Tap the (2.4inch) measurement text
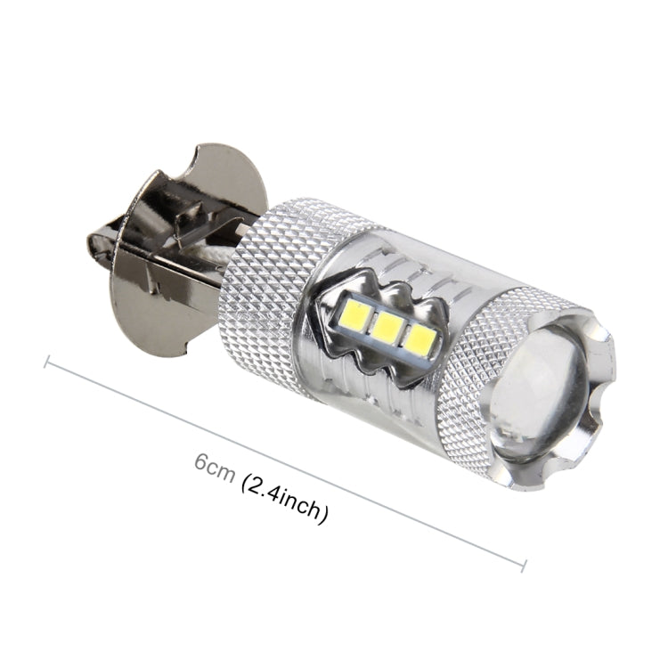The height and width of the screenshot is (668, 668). tap(283, 500)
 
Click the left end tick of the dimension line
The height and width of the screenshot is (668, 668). tap(46, 362)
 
